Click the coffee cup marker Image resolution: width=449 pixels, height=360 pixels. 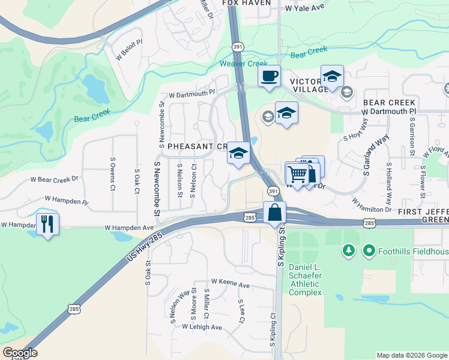click(x=270, y=76)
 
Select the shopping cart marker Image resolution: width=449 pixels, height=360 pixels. click(x=297, y=173)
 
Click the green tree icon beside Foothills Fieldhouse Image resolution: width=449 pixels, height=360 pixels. click(x=348, y=250)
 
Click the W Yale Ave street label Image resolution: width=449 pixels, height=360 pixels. click(x=304, y=8)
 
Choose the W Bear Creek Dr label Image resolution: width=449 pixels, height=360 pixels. click(x=55, y=179)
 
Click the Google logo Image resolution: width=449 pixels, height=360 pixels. click(x=20, y=352)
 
